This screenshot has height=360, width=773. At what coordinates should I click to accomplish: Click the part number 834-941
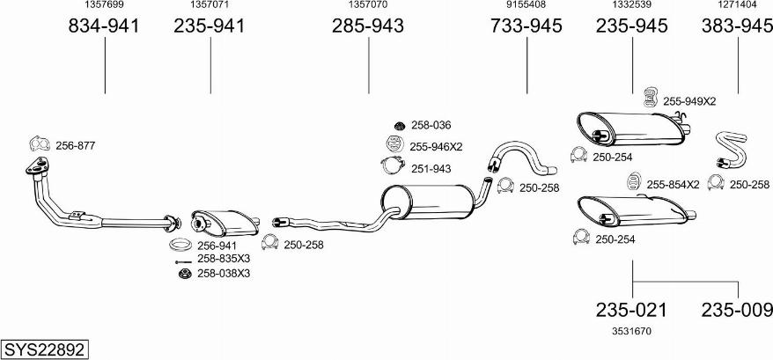click(104, 26)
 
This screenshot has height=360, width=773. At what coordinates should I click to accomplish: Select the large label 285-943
click(368, 26)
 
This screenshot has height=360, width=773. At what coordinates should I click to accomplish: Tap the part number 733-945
click(526, 26)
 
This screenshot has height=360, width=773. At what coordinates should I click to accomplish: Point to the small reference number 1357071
click(210, 4)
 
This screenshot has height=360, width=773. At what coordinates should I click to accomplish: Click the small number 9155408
click(526, 4)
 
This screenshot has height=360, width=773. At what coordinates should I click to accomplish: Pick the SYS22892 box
click(45, 349)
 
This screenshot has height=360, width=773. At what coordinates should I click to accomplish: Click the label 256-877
click(75, 145)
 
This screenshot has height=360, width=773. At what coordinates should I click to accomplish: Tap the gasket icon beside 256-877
click(40, 143)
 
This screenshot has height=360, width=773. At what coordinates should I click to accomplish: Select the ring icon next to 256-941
click(180, 244)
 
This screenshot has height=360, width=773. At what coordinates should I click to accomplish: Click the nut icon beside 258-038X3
click(184, 273)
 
